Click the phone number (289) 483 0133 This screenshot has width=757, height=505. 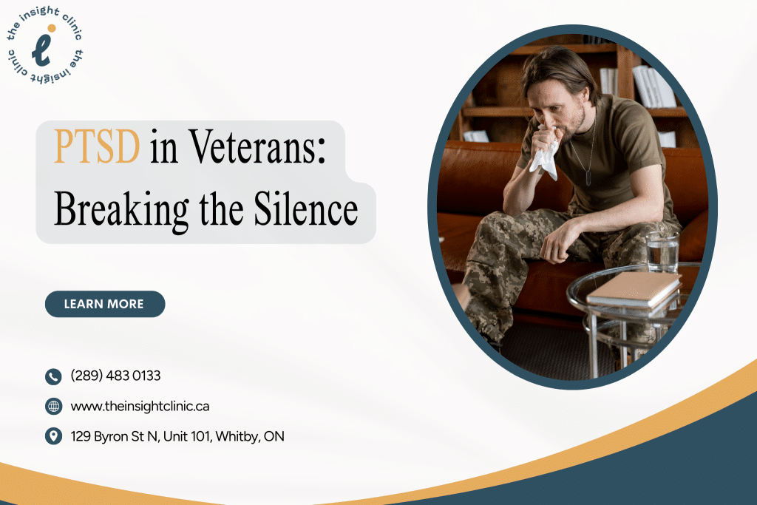[x=115, y=376]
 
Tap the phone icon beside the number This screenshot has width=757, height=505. [x=53, y=376]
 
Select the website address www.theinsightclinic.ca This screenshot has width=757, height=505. [x=140, y=406]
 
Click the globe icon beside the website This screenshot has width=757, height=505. [x=53, y=406]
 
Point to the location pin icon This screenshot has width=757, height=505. [x=53, y=436]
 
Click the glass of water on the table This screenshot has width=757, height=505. [x=662, y=251]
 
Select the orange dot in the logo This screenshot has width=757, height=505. [x=52, y=28]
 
